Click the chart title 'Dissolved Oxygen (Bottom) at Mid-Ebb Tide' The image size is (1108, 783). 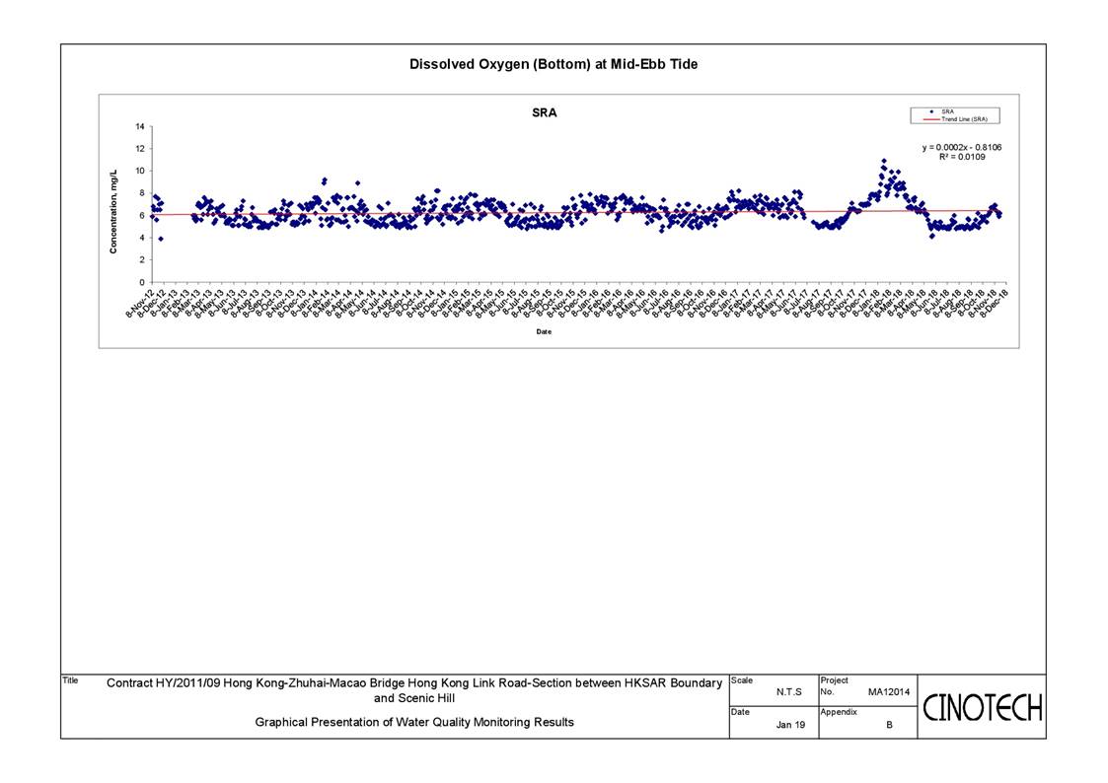click(554, 64)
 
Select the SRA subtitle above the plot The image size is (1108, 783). click(544, 112)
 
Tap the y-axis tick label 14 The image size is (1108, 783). click(140, 127)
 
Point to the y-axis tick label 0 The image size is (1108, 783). click(142, 282)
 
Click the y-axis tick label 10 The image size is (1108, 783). click(140, 172)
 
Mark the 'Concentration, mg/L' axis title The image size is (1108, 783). click(113, 210)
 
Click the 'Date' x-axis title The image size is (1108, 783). click(544, 331)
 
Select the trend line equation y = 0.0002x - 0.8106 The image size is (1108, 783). click(962, 147)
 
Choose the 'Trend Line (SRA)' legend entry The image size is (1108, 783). click(963, 119)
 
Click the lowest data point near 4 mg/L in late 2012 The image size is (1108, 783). click(161, 239)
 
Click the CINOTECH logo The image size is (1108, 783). click(982, 707)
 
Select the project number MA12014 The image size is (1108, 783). click(888, 692)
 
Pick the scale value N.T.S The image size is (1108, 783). click(788, 692)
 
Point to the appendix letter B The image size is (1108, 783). click(889, 724)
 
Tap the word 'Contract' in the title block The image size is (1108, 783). click(128, 682)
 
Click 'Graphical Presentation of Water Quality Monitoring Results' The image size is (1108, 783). click(414, 722)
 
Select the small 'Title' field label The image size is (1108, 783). click(70, 679)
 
